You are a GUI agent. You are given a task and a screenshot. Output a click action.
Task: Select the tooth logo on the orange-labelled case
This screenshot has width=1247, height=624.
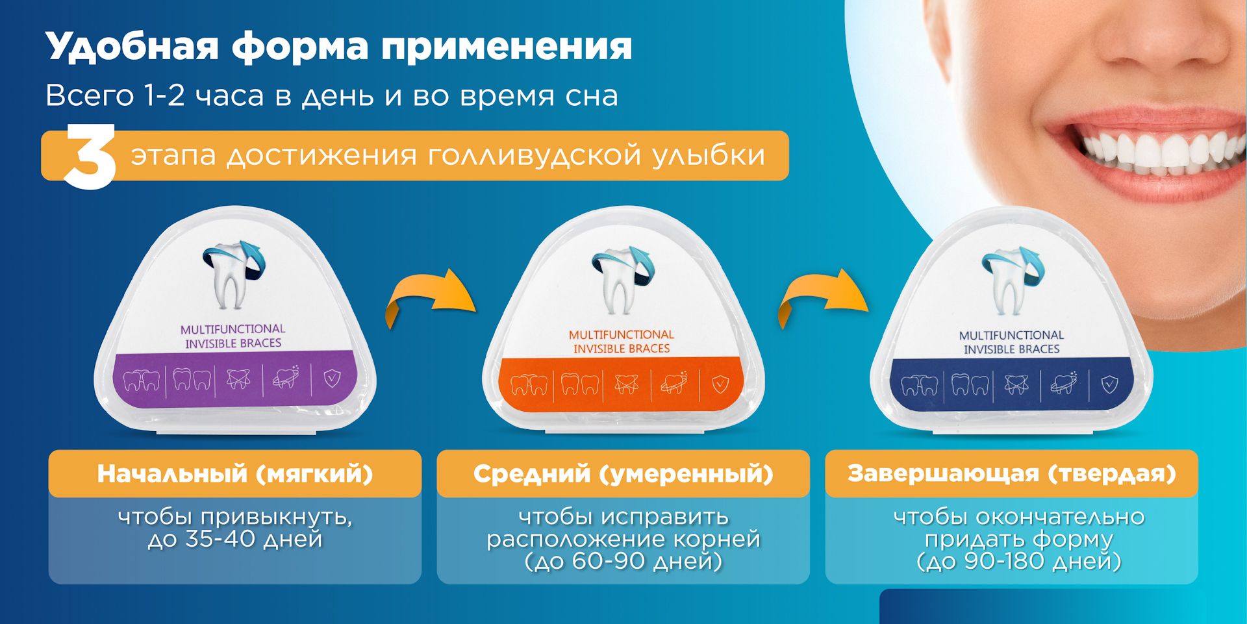(622, 279)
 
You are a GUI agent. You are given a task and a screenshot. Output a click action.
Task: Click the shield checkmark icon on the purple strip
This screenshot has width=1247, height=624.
(332, 379)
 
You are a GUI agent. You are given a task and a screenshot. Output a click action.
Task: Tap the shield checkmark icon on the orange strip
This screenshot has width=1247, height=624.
(720, 384)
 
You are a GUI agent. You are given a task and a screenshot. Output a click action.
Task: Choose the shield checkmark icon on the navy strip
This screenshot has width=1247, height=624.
(1109, 385)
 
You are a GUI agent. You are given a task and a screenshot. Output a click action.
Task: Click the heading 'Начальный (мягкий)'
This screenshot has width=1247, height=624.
(235, 474)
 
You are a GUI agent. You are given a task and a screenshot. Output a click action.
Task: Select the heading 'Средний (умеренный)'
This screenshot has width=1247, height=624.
(623, 474)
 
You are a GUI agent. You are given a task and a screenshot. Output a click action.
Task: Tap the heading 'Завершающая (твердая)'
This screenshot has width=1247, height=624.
(1012, 474)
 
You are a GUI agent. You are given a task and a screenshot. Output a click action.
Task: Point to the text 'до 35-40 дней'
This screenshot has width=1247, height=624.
(235, 540)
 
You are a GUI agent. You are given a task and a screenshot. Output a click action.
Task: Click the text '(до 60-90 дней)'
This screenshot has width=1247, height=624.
(623, 561)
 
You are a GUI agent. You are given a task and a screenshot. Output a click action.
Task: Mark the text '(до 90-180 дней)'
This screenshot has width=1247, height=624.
(1018, 561)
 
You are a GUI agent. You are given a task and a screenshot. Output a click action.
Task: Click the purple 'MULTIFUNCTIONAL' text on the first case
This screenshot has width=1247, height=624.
(233, 329)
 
